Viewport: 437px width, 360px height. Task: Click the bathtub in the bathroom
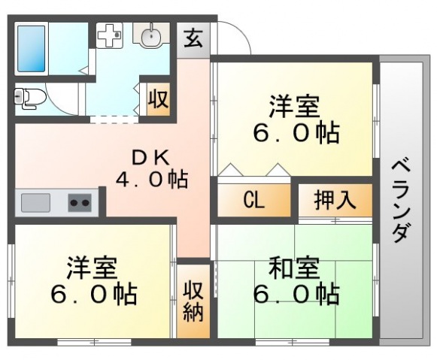[x=32, y=49]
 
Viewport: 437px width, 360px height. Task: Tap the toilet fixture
[x=29, y=98]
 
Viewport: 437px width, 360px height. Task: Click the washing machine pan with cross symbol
[x=110, y=35]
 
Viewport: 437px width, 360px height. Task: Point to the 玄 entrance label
[x=193, y=40]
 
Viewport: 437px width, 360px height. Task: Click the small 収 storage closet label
[x=158, y=99]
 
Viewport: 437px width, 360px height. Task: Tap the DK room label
[x=150, y=159]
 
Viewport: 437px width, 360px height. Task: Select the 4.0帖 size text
[x=152, y=180]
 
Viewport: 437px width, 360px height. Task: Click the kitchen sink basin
[x=35, y=202]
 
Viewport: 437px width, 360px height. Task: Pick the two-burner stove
[x=80, y=202]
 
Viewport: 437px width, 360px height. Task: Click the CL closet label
[x=253, y=200]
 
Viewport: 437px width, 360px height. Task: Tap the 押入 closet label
[x=335, y=200]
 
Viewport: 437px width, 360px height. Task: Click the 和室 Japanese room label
[x=294, y=268]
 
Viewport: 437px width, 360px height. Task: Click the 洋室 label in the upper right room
[x=294, y=107]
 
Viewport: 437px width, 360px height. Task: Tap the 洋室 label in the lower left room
[x=92, y=268]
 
